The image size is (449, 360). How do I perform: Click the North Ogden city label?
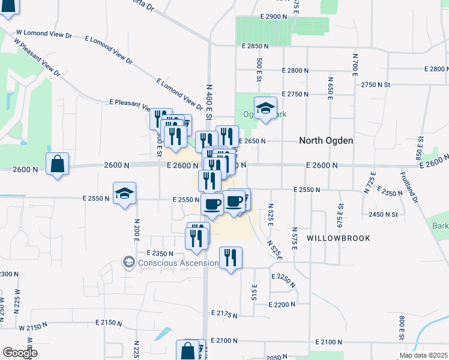326,140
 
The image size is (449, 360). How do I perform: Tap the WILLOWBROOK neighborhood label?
338,238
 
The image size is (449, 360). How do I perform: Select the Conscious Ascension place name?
178,263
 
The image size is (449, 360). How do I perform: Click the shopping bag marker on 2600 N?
57,163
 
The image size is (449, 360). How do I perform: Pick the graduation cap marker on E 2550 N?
125,193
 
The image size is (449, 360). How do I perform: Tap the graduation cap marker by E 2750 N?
265,108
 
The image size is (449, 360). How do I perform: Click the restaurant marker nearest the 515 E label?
231,258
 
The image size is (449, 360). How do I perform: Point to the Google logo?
20,353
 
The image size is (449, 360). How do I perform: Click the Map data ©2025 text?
423,355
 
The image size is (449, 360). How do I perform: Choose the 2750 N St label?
376,85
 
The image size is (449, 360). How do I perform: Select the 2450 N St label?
384,214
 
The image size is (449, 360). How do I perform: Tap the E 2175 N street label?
224,313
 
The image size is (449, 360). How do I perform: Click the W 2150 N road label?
33,328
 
